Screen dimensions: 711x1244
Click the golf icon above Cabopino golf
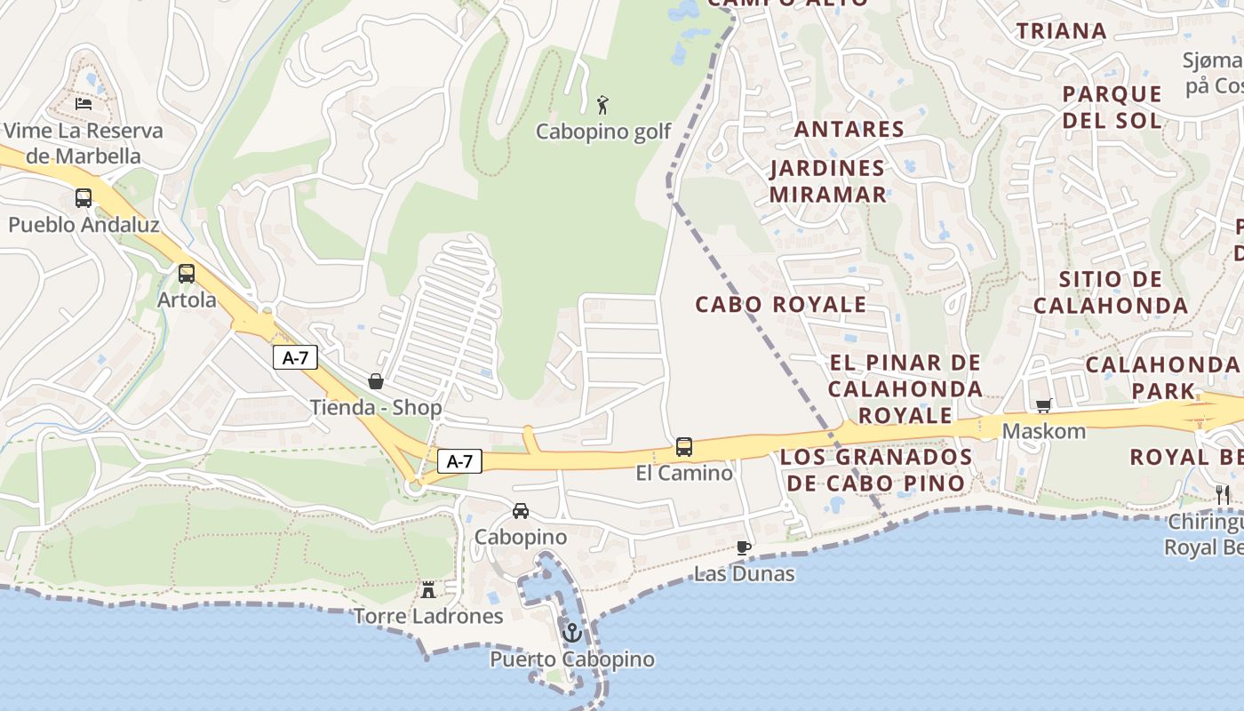603,105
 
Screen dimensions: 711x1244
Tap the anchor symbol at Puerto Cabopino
572,634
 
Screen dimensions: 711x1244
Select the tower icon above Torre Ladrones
428,589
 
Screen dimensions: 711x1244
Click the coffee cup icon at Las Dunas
744,547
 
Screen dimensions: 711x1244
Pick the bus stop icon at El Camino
684,447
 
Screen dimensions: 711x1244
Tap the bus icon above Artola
187,274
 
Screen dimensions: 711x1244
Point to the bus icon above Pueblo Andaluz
84,198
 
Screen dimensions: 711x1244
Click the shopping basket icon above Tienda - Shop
376,381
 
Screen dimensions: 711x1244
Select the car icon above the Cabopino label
521,511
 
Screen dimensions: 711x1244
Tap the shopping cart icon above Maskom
1043,405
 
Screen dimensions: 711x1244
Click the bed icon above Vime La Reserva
84,104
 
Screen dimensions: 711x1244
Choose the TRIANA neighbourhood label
1061,31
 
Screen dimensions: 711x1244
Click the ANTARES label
849,129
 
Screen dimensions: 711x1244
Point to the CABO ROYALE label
780,304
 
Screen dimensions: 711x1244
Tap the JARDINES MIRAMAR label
827,181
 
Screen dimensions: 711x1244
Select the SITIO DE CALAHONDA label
1110,292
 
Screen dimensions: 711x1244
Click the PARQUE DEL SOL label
1112,107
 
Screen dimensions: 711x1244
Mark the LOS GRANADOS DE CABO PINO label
876,470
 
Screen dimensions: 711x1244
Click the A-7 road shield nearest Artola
294,357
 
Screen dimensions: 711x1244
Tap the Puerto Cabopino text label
572,659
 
